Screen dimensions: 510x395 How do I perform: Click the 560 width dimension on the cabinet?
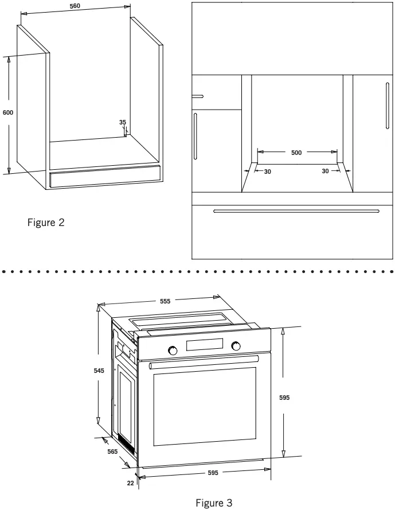(75, 6)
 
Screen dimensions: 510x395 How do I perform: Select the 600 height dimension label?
(7, 112)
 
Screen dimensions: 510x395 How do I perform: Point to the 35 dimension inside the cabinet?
(123, 122)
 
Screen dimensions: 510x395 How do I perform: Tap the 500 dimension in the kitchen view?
(296, 153)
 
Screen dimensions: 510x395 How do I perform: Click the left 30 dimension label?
(267, 172)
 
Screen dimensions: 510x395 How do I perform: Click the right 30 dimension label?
(325, 172)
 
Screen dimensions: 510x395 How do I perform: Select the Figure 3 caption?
(214, 503)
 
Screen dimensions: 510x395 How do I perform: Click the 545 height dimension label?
(99, 371)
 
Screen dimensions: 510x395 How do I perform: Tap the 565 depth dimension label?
(112, 451)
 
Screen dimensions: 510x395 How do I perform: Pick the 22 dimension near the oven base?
(131, 483)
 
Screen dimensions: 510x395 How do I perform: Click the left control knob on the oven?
(172, 349)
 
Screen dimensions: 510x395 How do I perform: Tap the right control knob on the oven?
(236, 346)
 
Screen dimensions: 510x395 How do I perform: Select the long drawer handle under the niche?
(296, 211)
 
